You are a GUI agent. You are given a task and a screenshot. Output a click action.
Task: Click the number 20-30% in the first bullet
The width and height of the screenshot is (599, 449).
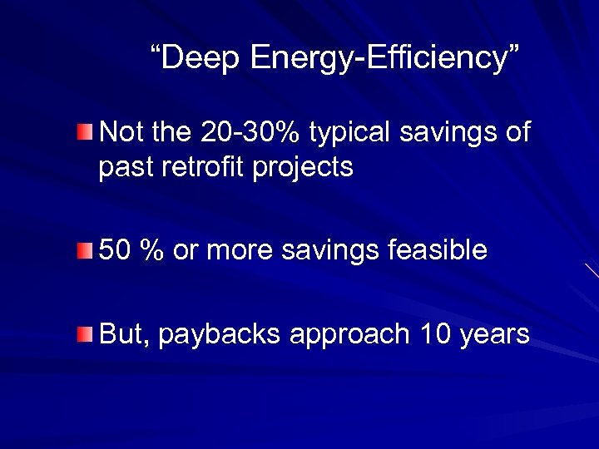[253, 131]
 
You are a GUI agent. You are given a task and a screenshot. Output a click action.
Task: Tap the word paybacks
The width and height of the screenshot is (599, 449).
[220, 334]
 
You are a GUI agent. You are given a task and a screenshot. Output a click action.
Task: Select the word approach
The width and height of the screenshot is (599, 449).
[349, 334]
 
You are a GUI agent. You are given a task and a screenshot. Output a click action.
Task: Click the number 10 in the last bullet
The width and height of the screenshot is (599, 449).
[434, 334]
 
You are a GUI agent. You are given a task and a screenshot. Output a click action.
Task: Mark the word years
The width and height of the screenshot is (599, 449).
[494, 334]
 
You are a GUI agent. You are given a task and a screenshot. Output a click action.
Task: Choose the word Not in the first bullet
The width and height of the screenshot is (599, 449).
[121, 131]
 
